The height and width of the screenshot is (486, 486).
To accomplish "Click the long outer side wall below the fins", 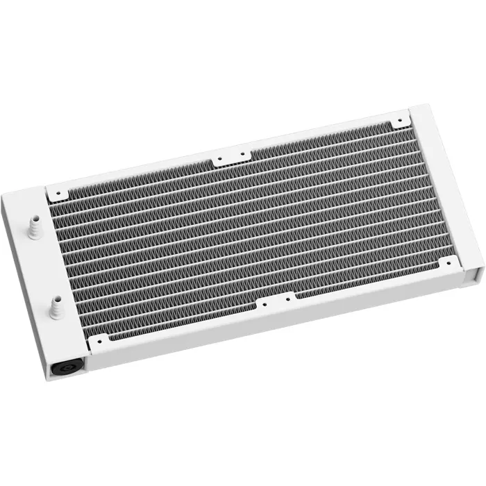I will (x=278, y=334).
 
